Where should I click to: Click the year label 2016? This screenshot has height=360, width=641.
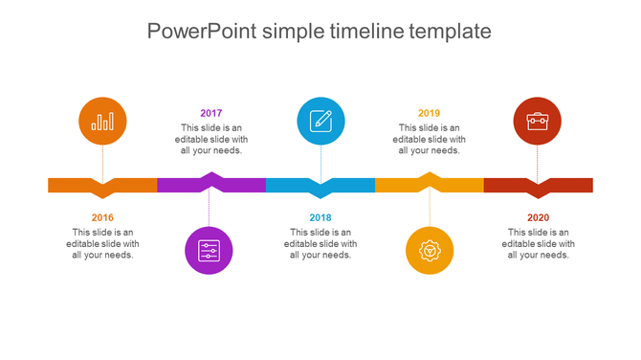[102, 217]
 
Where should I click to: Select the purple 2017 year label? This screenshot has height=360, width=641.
[211, 113]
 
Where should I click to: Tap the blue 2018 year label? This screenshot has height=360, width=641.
[320, 217]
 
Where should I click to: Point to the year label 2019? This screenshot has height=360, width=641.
[430, 113]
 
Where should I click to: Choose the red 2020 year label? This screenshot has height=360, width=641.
[539, 217]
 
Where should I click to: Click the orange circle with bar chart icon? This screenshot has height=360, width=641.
[102, 121]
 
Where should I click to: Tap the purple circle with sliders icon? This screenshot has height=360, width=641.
[209, 251]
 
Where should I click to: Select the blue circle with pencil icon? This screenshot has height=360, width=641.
[320, 121]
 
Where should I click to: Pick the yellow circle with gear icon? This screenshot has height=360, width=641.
[430, 251]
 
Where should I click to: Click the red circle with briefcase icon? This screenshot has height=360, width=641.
[538, 121]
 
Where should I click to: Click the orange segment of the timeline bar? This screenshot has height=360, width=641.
[77, 185]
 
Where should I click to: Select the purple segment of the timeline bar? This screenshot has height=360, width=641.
[182, 185]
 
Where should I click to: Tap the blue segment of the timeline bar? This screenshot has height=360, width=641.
[292, 185]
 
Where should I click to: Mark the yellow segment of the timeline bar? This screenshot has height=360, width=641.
[402, 185]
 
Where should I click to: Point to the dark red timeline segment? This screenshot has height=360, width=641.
[569, 185]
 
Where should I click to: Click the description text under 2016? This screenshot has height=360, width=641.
[102, 243]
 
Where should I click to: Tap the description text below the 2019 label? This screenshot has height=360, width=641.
[430, 139]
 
